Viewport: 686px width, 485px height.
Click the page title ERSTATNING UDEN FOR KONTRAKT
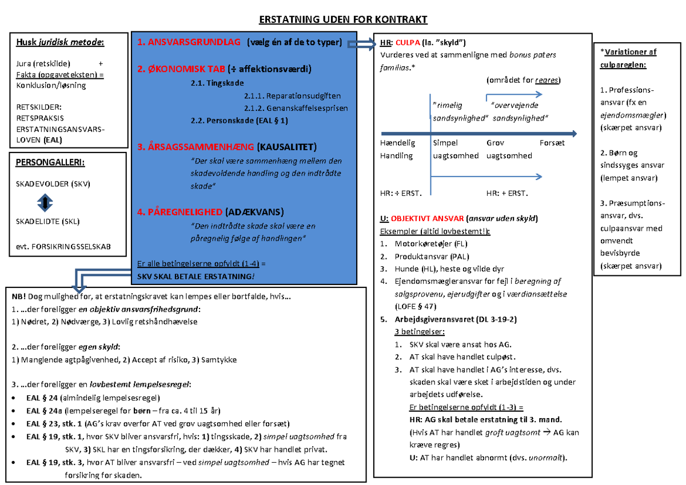pos(343,20)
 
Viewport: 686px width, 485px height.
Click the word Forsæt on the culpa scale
pos(552,143)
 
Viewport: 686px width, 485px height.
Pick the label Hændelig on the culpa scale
pos(397,143)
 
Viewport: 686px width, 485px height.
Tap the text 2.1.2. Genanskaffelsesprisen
pos(295,108)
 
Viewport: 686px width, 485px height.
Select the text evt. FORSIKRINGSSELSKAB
pos(63,247)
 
